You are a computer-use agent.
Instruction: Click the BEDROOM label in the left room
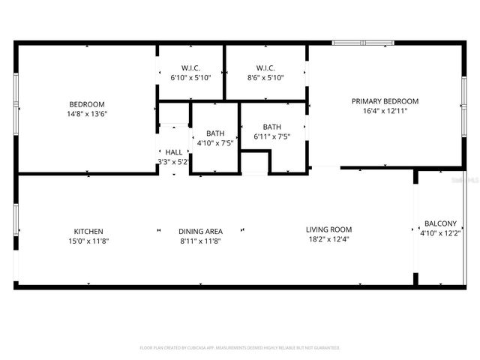[87, 104]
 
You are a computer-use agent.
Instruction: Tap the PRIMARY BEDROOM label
[385, 101]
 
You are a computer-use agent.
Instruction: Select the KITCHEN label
[88, 231]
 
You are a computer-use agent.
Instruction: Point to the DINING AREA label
[199, 231]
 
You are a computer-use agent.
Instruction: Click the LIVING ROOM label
[328, 229]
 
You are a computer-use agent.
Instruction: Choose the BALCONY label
[440, 223]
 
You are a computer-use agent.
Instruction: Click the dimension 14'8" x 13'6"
[87, 115]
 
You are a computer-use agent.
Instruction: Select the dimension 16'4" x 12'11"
[385, 111]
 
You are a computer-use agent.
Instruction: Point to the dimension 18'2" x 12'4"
[328, 240]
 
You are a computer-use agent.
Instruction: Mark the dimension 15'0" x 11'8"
[88, 241]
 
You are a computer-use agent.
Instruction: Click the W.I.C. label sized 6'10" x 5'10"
[190, 67]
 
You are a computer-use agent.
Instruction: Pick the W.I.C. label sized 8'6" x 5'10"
[265, 67]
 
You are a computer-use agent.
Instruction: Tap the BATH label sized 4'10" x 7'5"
[215, 133]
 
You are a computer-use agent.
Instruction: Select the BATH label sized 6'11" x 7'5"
[271, 127]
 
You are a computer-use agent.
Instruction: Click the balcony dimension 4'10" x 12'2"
[440, 233]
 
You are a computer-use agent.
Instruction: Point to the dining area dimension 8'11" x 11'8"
[199, 241]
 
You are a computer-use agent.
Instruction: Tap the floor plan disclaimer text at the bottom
[240, 348]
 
